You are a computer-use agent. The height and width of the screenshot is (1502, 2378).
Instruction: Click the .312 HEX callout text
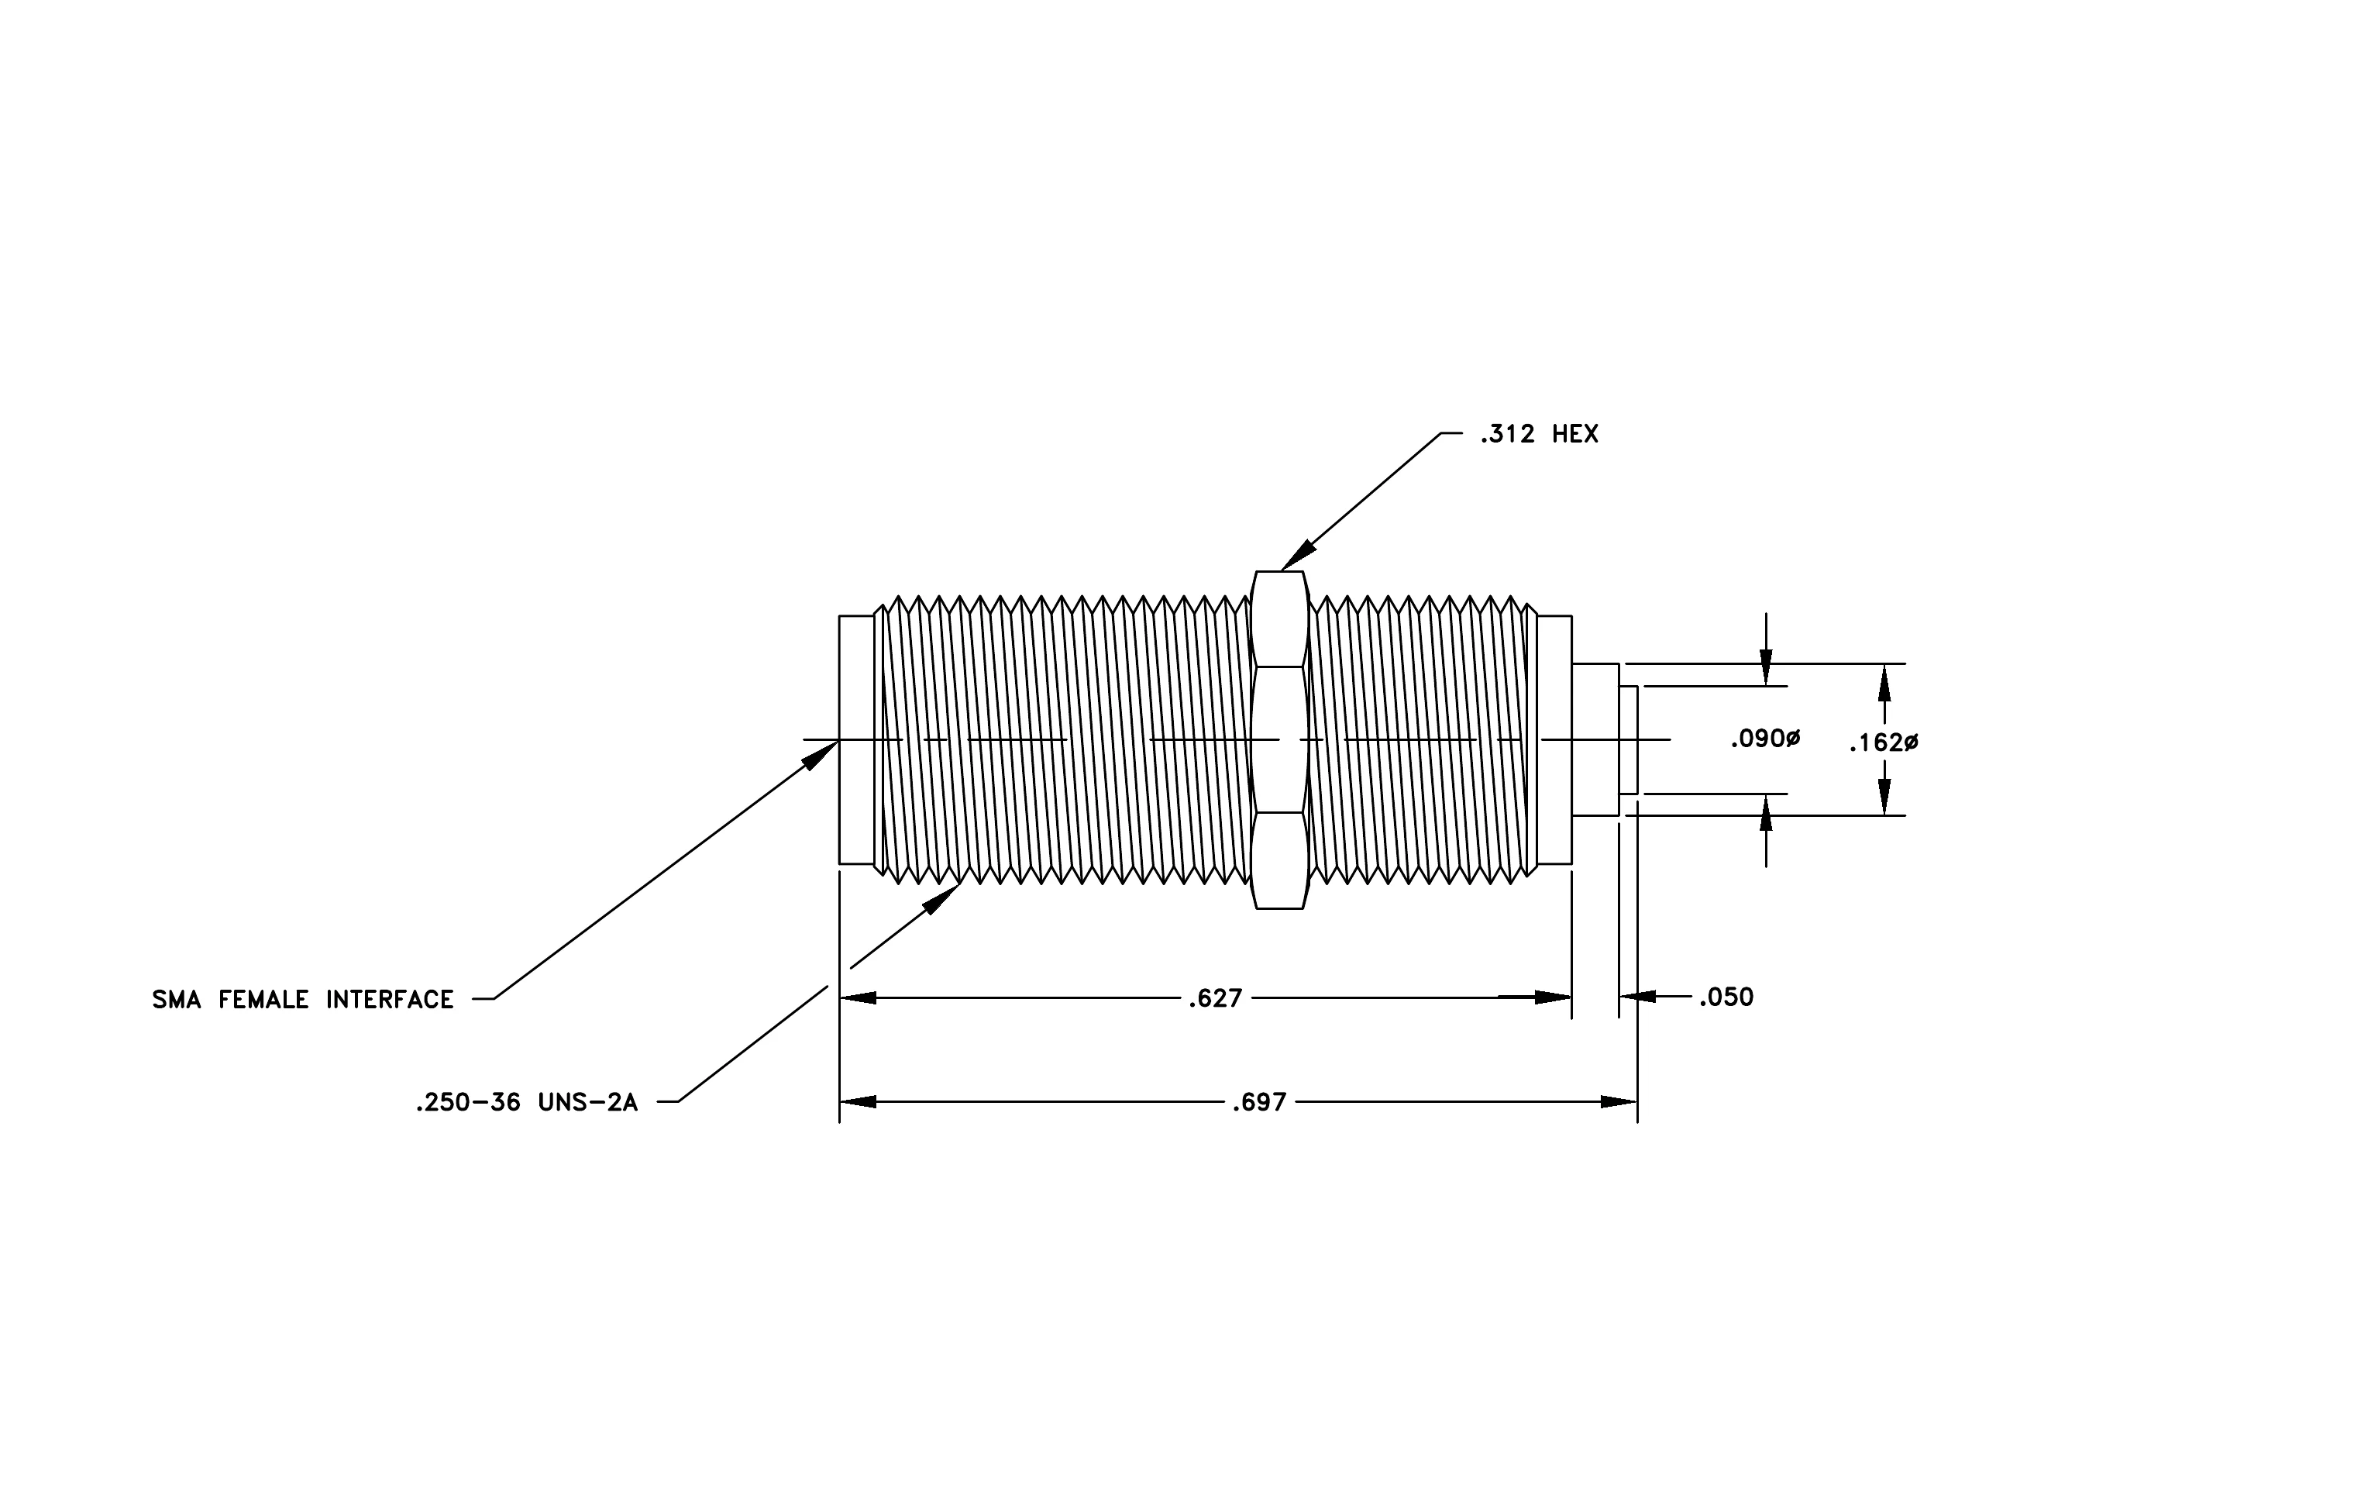[1539, 435]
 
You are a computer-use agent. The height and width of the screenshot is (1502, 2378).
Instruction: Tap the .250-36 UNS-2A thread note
[526, 1102]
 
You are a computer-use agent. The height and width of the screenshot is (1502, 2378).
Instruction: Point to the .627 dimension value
[1215, 998]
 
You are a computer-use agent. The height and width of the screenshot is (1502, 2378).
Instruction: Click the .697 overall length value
[1258, 1102]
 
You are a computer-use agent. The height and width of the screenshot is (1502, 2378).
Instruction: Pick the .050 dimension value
[1726, 997]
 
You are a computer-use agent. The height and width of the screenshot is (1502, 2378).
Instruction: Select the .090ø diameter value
[1766, 739]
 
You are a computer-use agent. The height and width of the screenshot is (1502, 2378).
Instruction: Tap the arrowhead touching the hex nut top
[1299, 556]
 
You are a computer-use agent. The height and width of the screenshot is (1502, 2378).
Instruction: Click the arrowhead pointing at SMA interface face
[820, 756]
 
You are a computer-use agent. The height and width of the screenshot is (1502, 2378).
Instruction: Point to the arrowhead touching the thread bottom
[941, 898]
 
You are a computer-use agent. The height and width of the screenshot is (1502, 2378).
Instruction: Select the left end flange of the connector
[856, 739]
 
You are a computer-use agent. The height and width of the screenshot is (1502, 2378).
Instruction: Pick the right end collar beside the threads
[1554, 739]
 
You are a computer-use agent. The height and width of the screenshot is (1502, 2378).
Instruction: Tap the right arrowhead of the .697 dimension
[1619, 1102]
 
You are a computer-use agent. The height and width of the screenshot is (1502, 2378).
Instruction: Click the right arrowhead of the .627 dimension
[1554, 998]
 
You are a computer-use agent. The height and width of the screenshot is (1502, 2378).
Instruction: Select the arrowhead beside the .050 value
[1638, 997]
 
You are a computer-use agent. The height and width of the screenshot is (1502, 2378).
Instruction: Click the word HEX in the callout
[1575, 435]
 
